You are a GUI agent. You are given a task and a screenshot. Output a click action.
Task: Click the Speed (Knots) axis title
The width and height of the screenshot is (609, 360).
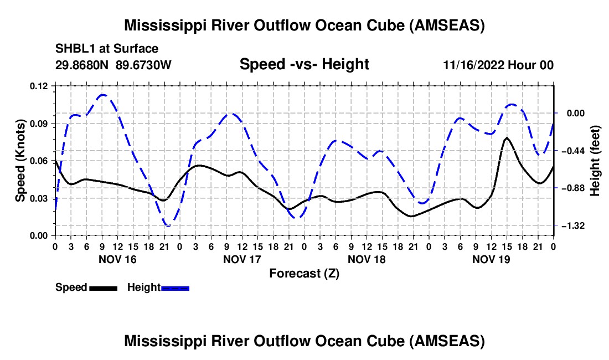pos(20,161)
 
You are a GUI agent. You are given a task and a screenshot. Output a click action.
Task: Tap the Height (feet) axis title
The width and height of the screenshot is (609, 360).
pos(595,161)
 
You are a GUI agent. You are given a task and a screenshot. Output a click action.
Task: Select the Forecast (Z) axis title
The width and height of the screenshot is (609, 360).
pos(304,274)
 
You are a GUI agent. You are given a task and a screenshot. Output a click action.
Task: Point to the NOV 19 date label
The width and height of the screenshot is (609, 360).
pos(491,259)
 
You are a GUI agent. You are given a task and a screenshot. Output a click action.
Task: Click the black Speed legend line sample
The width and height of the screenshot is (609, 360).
pos(102,288)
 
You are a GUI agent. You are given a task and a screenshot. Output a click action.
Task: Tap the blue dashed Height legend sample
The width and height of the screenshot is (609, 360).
pos(175,288)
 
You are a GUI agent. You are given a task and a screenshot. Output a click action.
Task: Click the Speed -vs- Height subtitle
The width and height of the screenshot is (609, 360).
pos(304,65)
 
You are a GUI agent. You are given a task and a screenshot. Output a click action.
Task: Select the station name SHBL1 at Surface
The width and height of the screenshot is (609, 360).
pos(99,49)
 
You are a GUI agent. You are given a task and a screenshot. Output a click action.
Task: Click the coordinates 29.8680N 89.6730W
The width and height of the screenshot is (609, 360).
pos(113,65)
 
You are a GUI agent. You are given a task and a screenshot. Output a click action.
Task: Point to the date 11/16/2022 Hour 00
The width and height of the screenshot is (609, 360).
pos(498,65)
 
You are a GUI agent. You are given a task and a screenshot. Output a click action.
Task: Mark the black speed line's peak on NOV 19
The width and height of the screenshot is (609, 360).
pos(507,137)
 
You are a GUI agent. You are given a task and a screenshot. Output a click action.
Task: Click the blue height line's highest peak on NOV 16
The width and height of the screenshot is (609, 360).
pos(102,95)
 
